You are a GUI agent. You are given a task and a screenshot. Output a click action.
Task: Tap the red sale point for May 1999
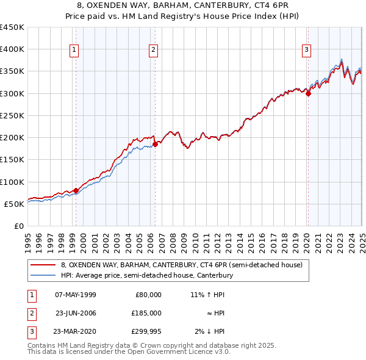[76, 190]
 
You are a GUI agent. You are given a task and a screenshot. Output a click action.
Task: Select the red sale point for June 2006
[156, 144]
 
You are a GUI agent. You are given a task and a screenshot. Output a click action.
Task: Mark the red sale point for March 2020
[308, 93]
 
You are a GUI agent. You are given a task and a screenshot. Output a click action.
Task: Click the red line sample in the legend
[43, 265]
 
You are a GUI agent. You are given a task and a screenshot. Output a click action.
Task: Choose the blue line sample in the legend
[43, 275]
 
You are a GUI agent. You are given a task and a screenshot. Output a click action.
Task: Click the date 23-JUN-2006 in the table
[76, 313]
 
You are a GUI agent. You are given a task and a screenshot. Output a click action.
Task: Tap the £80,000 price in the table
[148, 295]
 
